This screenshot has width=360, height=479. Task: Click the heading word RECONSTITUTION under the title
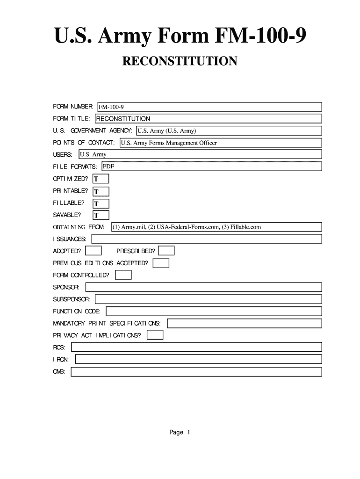coord(180,61)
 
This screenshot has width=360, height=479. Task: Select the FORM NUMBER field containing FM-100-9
coord(209,107)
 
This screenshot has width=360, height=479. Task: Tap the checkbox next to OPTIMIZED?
coord(101,179)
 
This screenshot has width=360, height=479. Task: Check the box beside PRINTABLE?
coord(101,191)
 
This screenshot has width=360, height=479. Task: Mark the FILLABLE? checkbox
coord(101,203)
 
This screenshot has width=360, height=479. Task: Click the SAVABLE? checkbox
coord(101,215)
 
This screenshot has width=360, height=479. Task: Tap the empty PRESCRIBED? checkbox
coord(166,251)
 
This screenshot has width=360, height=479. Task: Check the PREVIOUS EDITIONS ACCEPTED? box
coord(161,263)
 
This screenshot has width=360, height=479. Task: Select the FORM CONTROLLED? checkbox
coord(123,275)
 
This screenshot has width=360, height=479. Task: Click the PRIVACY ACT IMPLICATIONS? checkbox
coord(155,335)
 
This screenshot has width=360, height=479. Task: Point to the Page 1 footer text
coord(180,432)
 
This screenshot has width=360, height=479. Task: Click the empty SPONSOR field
coord(203,287)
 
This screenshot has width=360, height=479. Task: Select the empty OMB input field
coord(196,371)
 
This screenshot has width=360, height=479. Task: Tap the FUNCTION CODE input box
coord(214,311)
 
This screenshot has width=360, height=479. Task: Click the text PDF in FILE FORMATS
coord(108,167)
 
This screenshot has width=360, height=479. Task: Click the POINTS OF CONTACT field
coord(220,143)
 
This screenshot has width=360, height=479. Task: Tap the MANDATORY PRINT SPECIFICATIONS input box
coord(245,323)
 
